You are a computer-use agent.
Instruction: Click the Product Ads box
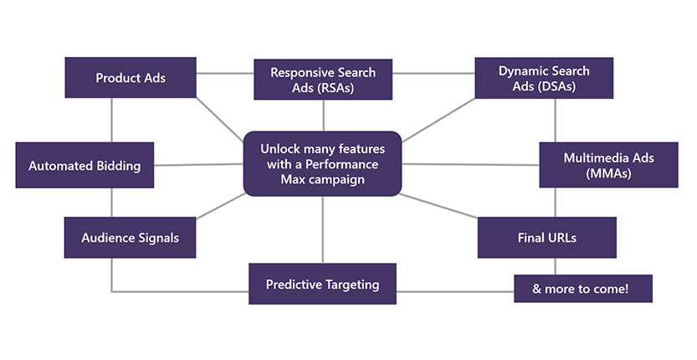click(x=131, y=78)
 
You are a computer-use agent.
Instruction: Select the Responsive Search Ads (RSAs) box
click(x=322, y=80)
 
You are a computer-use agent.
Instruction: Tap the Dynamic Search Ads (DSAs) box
click(x=543, y=78)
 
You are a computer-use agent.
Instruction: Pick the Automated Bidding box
click(x=85, y=166)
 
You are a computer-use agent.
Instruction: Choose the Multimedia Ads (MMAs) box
click(x=608, y=164)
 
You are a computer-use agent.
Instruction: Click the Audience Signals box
click(x=130, y=238)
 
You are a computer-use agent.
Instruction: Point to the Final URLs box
click(x=546, y=238)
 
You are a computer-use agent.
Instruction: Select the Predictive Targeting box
click(x=322, y=285)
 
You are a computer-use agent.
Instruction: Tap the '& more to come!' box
click(x=582, y=289)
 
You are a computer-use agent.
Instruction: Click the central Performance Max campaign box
click(x=322, y=163)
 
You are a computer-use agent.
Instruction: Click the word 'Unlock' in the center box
click(x=280, y=148)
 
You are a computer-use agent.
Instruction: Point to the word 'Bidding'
click(x=118, y=166)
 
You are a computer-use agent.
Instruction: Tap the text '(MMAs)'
click(x=608, y=173)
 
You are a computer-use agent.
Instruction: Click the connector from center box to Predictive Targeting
click(x=322, y=229)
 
